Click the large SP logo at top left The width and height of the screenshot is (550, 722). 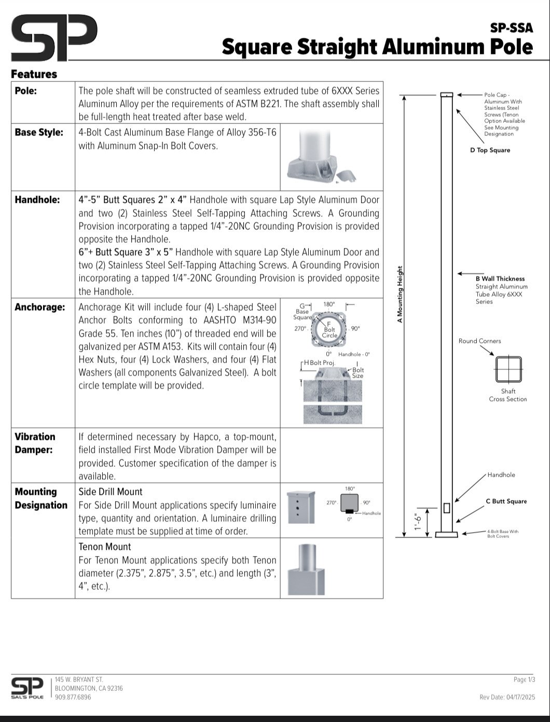[x=54, y=38]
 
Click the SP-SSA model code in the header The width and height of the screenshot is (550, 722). [x=511, y=28]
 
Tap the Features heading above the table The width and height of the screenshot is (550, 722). [x=34, y=74]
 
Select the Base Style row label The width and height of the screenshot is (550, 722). [x=39, y=132]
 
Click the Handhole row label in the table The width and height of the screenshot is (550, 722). [x=37, y=200]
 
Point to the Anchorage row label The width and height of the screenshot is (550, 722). [x=40, y=307]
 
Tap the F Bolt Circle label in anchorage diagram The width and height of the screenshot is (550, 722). [x=329, y=329]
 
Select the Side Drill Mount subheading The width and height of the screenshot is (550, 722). [x=111, y=492]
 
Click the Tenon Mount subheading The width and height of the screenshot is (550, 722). [x=105, y=547]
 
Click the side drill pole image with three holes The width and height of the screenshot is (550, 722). [x=301, y=507]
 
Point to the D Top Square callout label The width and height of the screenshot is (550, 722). [x=490, y=150]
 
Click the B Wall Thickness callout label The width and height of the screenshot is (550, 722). [x=500, y=279]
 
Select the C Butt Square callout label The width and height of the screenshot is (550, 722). [x=506, y=501]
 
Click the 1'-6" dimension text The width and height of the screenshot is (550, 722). [x=418, y=522]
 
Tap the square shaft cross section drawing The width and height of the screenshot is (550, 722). [x=508, y=369]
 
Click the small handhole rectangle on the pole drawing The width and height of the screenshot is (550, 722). [x=447, y=508]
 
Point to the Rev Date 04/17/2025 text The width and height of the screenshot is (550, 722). [x=507, y=697]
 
